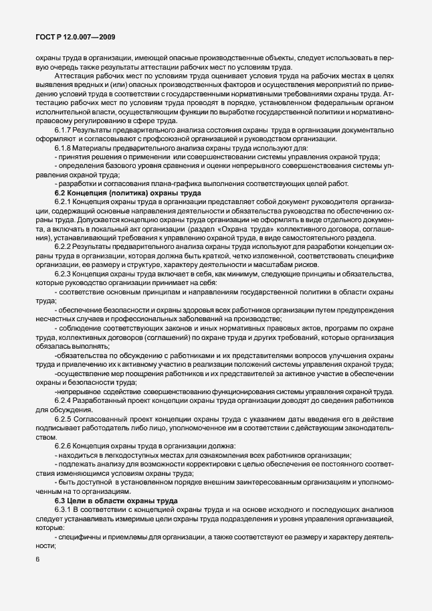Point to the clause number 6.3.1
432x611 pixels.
(63, 511)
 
